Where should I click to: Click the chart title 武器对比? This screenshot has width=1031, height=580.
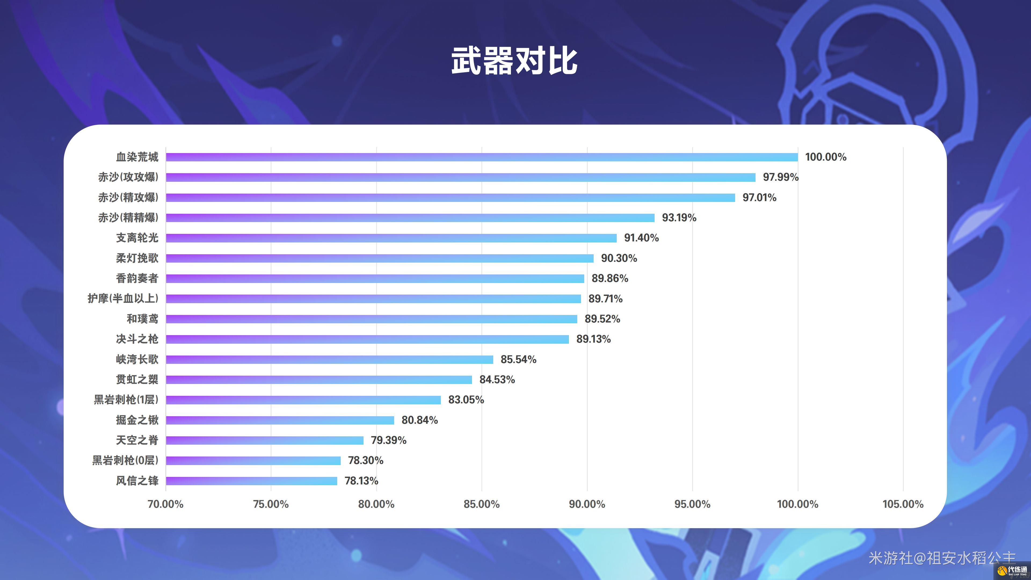coord(514,61)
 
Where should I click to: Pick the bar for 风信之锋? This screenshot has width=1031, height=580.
coord(251,481)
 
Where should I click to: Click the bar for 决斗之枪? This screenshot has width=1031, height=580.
coord(367,339)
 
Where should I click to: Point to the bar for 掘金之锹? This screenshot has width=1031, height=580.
coord(280,420)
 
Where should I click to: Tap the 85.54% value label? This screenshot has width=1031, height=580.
coord(518,360)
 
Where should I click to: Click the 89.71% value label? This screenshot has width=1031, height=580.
coord(605,299)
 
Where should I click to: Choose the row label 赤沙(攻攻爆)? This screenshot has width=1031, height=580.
coord(128,177)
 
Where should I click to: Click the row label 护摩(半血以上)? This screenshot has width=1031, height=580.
coord(123,299)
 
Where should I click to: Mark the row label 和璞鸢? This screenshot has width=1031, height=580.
coord(143,319)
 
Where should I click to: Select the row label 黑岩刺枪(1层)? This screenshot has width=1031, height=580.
coord(126,400)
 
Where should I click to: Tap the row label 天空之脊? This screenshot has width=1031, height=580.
coord(137,440)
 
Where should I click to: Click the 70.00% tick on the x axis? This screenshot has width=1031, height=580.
coord(165,504)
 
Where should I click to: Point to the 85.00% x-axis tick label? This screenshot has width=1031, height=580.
coord(481,504)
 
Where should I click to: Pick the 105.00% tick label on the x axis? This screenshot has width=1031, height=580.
coord(903,504)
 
